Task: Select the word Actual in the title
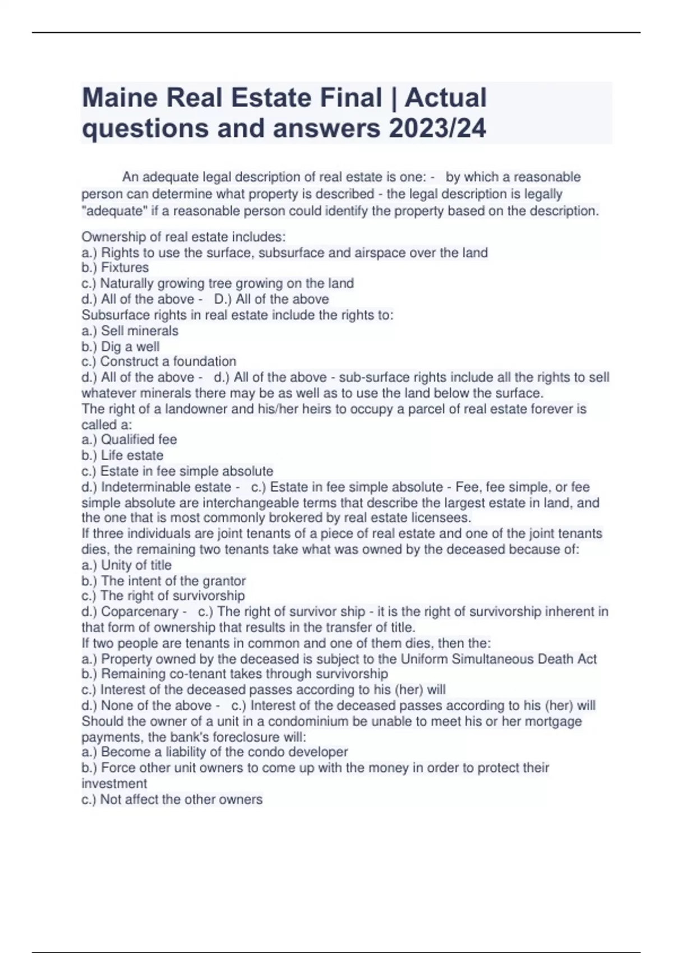pos(445,98)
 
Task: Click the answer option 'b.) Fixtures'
pos(115,268)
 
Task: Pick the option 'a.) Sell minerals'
pos(130,331)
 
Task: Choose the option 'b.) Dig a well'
pos(121,346)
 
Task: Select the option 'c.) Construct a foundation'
pos(159,362)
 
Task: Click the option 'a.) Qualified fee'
pos(129,440)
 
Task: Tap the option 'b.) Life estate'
pos(122,455)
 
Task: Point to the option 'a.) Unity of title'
pos(126,565)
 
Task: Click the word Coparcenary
pos(140,612)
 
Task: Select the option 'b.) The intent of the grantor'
pos(163,581)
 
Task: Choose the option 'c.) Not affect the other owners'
pos(172,799)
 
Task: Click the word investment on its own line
pos(114,784)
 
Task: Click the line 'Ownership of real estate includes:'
pos(183,237)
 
